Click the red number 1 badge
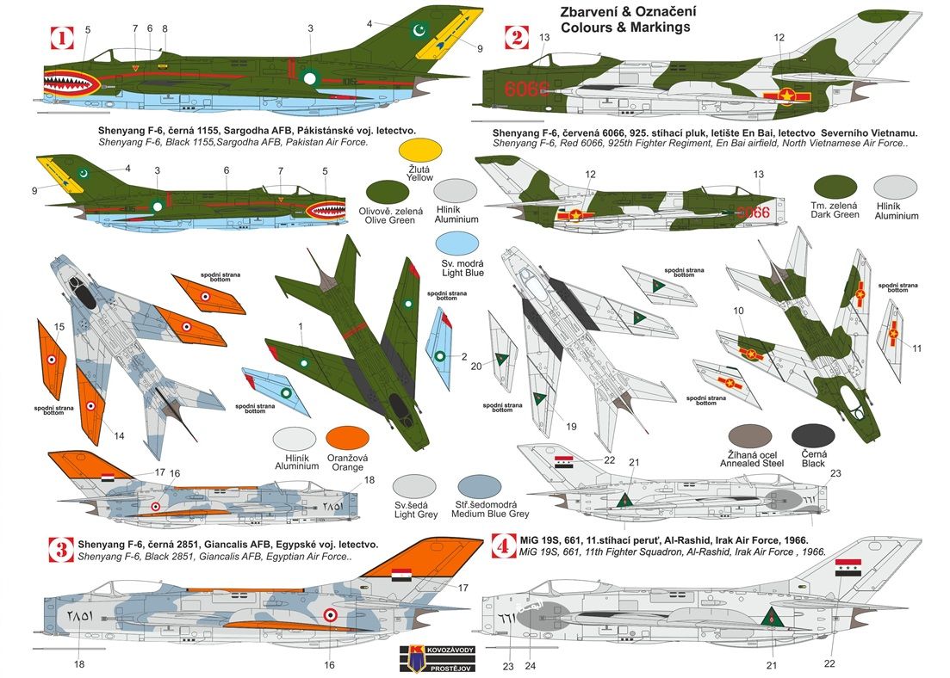pos(62,38)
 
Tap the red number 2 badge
pos(516,37)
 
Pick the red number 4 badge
pos(500,546)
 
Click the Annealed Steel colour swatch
pos(749,436)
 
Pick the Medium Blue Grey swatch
pos(480,486)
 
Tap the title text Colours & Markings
pos(626,27)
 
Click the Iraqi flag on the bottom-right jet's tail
pos(848,567)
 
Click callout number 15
pos(59,327)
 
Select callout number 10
pos(738,311)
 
